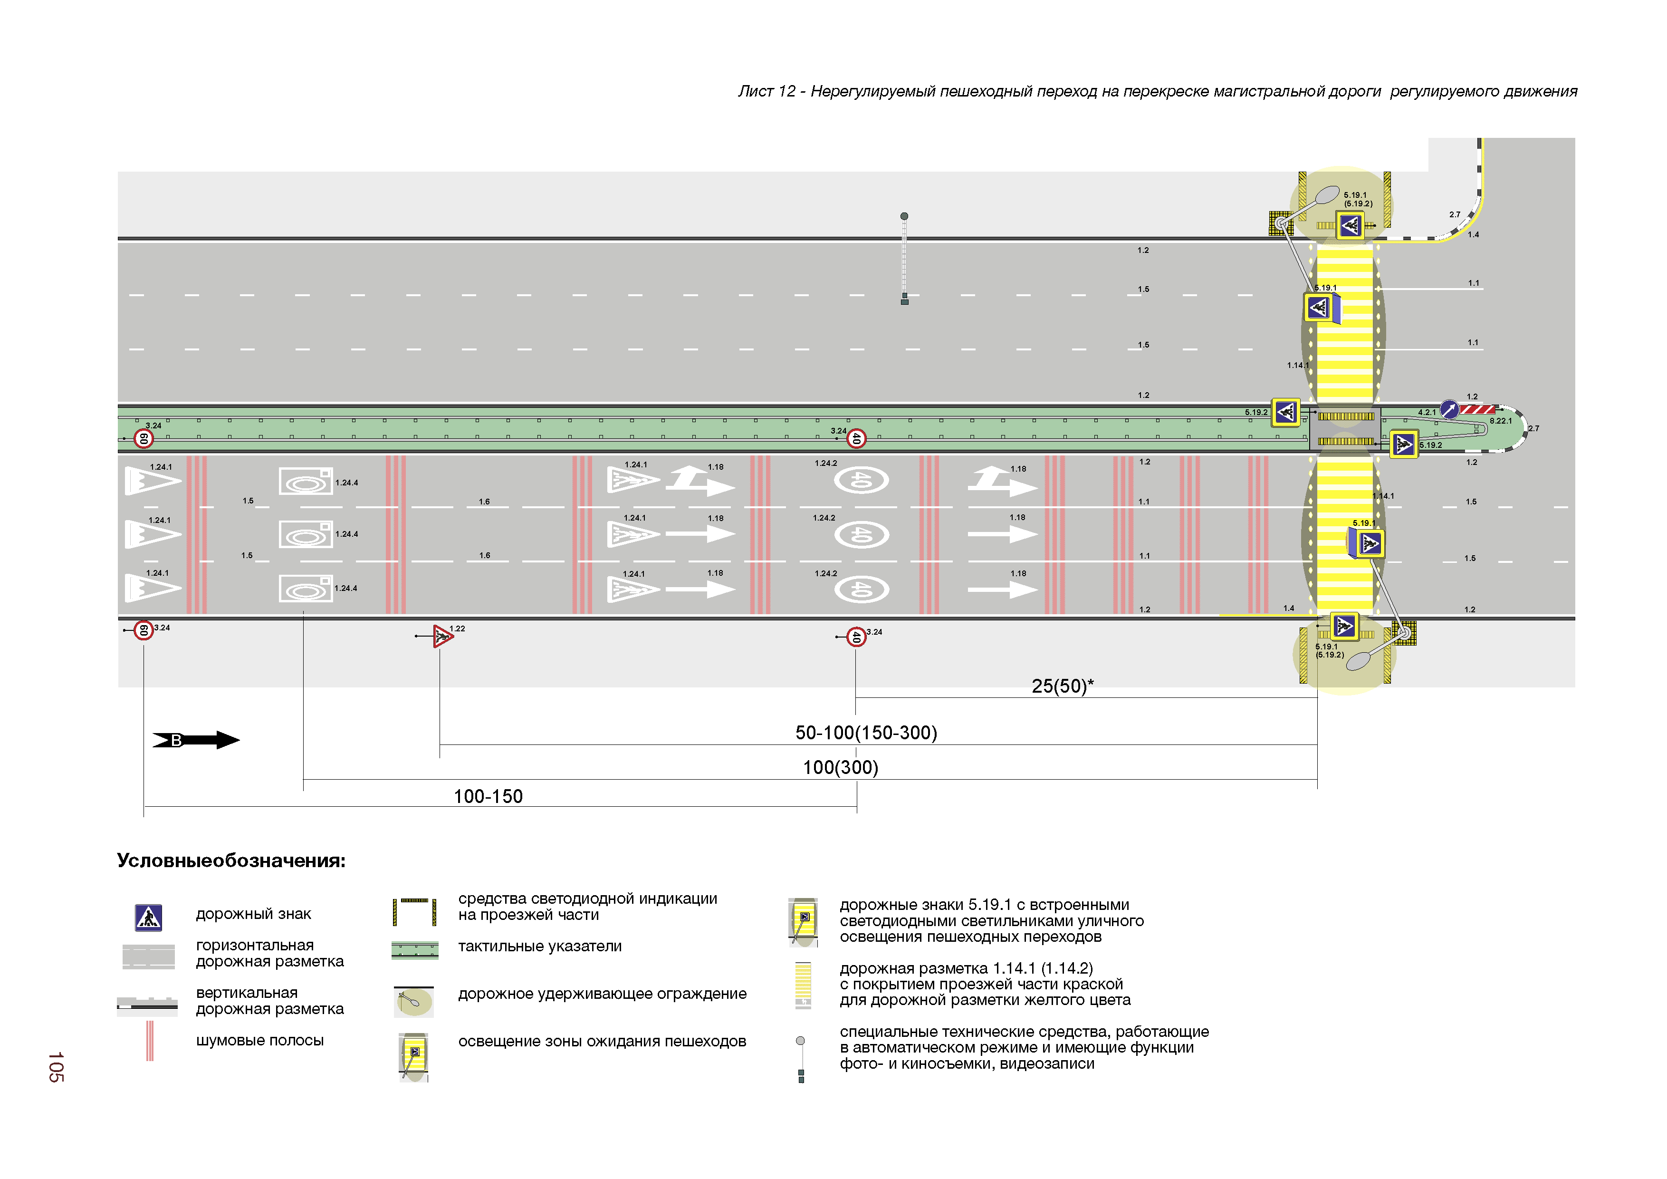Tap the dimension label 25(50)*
click(x=1062, y=686)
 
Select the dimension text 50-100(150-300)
click(x=866, y=732)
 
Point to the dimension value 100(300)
click(x=840, y=767)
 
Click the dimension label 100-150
click(x=488, y=796)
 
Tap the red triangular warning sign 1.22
click(x=442, y=637)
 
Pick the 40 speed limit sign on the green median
click(x=857, y=438)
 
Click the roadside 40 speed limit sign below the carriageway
click(x=857, y=637)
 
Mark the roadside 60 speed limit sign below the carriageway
click(x=144, y=630)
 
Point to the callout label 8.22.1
click(x=1501, y=421)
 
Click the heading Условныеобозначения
click(x=231, y=861)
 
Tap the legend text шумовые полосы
click(x=260, y=1040)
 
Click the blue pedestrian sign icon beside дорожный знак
click(x=148, y=918)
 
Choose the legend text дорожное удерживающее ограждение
click(x=602, y=994)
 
